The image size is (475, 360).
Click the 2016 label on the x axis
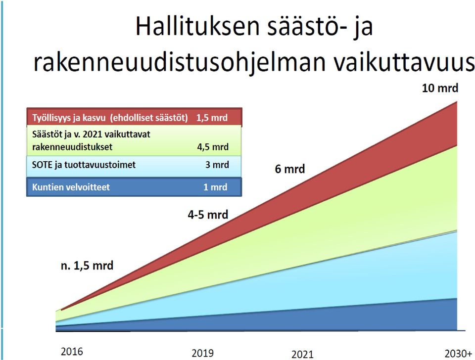(x=72, y=352)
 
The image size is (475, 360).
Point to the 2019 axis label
(x=203, y=353)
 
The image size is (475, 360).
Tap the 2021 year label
(x=302, y=354)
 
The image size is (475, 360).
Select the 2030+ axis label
(x=458, y=354)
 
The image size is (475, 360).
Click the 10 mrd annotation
(x=440, y=88)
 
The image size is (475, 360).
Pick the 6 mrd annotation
(x=290, y=169)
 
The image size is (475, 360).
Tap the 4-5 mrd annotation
(x=208, y=215)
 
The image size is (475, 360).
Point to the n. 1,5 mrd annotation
(x=87, y=266)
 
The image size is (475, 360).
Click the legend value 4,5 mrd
(x=213, y=147)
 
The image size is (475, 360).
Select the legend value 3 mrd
(x=217, y=165)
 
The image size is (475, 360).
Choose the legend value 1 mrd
(x=215, y=187)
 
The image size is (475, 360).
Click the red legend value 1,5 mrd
(x=212, y=118)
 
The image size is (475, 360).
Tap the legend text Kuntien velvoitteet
(x=71, y=187)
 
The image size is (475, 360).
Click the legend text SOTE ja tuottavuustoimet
(x=84, y=165)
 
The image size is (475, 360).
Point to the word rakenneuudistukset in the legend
(x=72, y=147)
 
